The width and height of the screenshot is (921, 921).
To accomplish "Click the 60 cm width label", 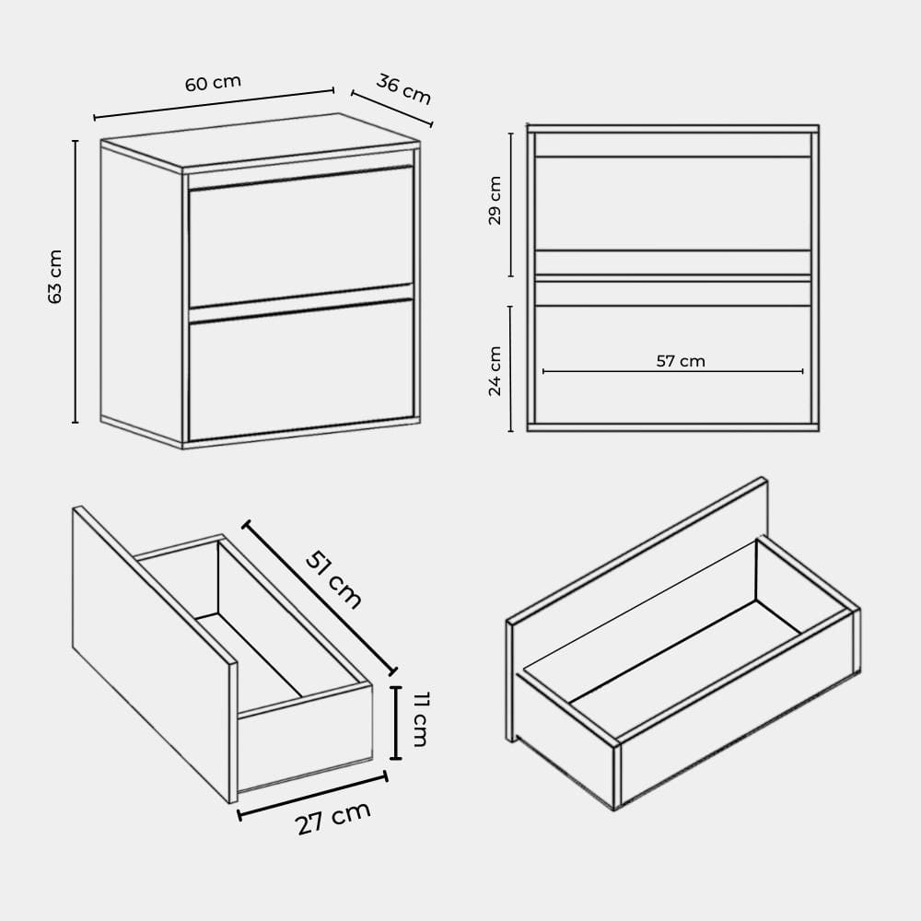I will [x=213, y=83].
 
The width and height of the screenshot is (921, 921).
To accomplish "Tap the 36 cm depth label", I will [x=403, y=88].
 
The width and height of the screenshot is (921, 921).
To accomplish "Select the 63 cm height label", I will [x=55, y=276].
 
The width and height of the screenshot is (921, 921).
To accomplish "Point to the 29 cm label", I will [x=495, y=200].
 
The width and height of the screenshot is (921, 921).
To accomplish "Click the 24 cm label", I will [x=495, y=370].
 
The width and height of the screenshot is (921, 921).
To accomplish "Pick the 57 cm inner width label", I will [x=681, y=361].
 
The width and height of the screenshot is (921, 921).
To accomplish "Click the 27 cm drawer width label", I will [x=333, y=817].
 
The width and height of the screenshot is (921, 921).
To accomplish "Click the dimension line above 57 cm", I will [x=673, y=371].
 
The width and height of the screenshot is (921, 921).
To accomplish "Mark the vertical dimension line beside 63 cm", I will [x=76, y=281].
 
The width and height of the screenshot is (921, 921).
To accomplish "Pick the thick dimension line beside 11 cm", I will [x=396, y=722].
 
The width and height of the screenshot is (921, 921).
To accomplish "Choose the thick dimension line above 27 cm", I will [x=312, y=796].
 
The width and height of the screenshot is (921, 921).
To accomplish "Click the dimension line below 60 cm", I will [x=214, y=104].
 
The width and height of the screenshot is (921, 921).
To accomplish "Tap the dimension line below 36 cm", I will [x=392, y=109].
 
